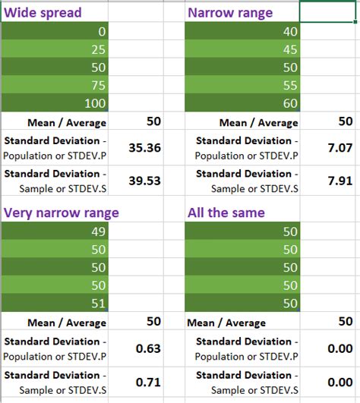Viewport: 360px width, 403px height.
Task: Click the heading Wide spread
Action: click(43, 13)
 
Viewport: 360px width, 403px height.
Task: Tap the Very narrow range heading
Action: click(60, 213)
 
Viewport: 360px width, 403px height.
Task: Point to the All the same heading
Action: click(226, 213)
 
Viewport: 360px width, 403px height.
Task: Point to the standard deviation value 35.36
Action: click(144, 148)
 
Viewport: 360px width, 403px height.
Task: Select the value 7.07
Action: click(339, 148)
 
